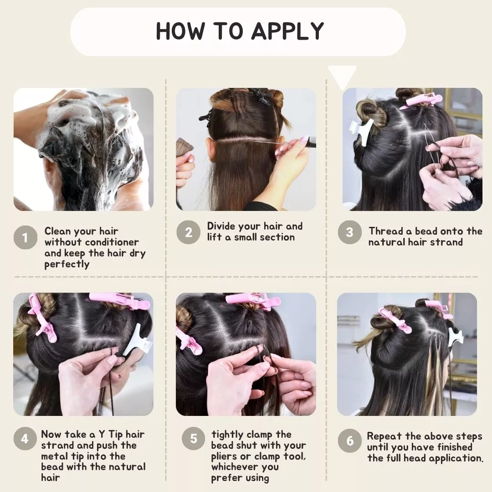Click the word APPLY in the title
(287, 31)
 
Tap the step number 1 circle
(26, 237)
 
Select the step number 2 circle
(188, 232)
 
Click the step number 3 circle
(349, 232)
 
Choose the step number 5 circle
(194, 438)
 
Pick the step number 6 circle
(350, 441)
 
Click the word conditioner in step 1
(112, 242)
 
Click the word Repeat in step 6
(384, 436)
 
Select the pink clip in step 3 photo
(422, 100)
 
